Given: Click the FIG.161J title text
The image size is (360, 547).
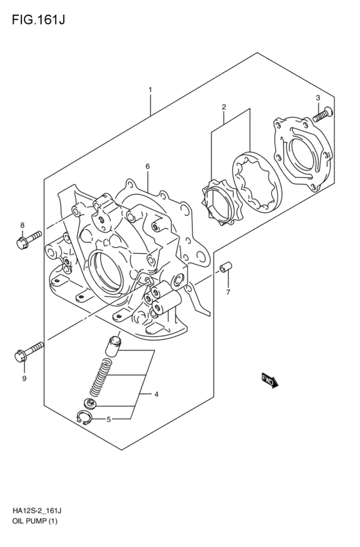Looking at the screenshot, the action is (39, 20).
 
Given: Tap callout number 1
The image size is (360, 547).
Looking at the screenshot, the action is (150, 90).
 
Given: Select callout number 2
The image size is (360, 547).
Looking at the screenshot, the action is (224, 107).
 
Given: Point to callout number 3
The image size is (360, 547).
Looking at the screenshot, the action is (318, 98).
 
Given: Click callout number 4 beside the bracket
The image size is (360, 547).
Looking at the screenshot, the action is (156, 394).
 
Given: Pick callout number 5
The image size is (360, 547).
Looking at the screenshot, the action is (109, 419).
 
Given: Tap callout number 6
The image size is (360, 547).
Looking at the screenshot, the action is (148, 166).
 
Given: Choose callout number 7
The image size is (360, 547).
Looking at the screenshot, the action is (228, 292).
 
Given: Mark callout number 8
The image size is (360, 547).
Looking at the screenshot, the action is (22, 225).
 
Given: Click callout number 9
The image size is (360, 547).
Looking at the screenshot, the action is (24, 379).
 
